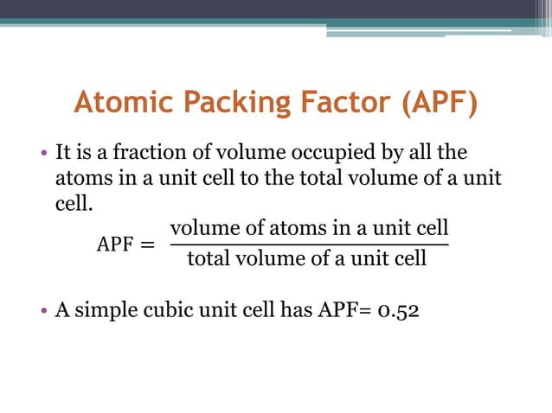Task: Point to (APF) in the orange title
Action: (438, 102)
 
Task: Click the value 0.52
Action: (398, 309)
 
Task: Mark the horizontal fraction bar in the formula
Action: (309, 245)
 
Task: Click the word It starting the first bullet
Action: (62, 153)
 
